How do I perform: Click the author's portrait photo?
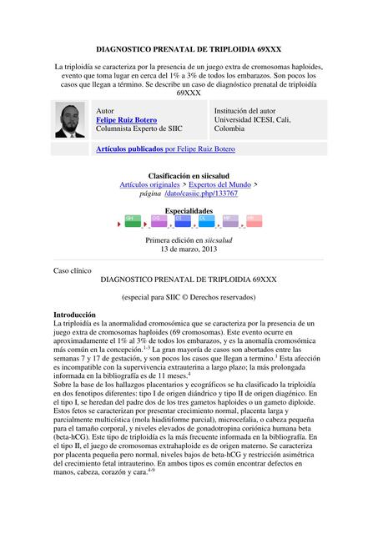(x=70, y=120)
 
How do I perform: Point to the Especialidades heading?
(x=189, y=211)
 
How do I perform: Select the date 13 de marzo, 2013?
(x=189, y=249)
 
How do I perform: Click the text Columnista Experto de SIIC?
(x=138, y=129)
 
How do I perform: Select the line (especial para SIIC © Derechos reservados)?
(x=189, y=297)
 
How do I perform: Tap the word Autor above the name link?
(x=106, y=111)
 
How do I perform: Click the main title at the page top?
(x=189, y=51)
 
